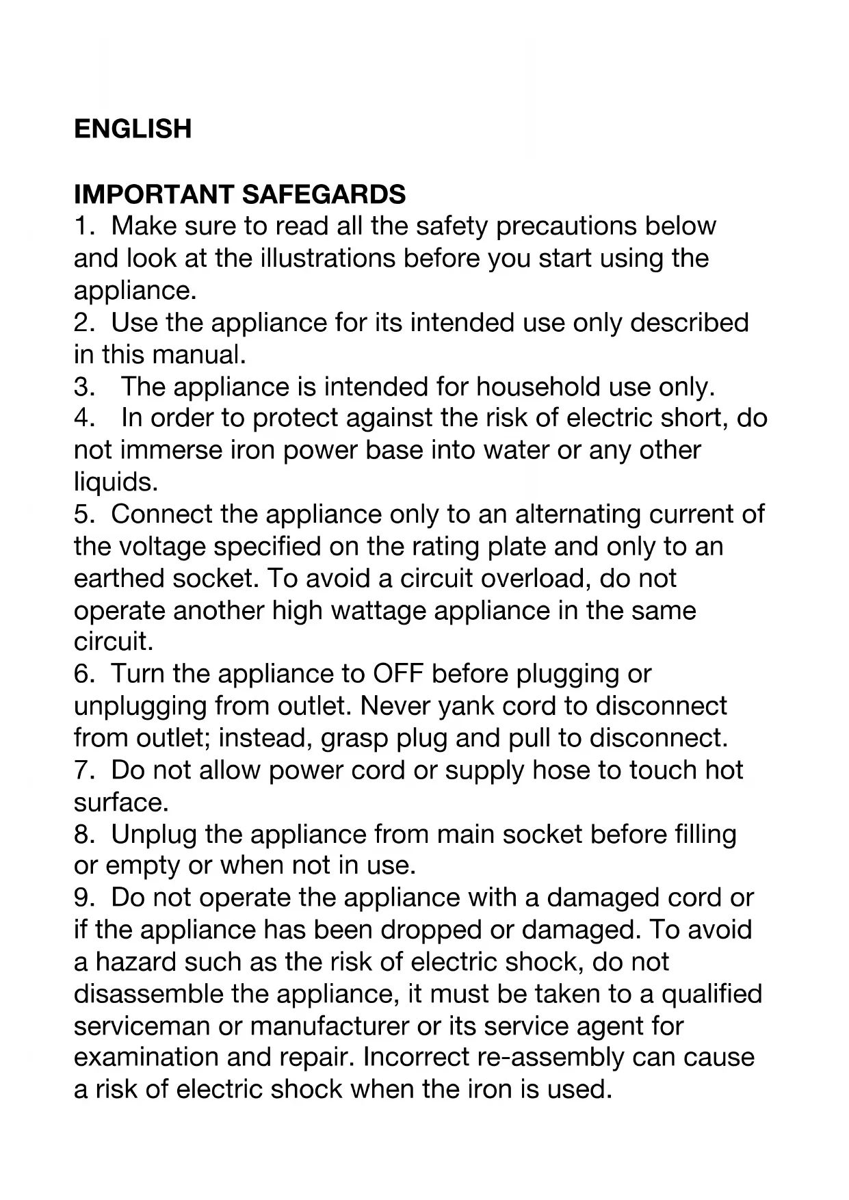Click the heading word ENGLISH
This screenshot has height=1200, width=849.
pyautogui.click(x=133, y=129)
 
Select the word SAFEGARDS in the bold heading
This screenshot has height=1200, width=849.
pyautogui.click(x=324, y=195)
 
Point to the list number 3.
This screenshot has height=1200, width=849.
pyautogui.click(x=83, y=387)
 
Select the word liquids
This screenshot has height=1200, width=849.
pyautogui.click(x=115, y=482)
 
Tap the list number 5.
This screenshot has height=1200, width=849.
pyautogui.click(x=83, y=514)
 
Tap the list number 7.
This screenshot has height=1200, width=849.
pyautogui.click(x=83, y=771)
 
